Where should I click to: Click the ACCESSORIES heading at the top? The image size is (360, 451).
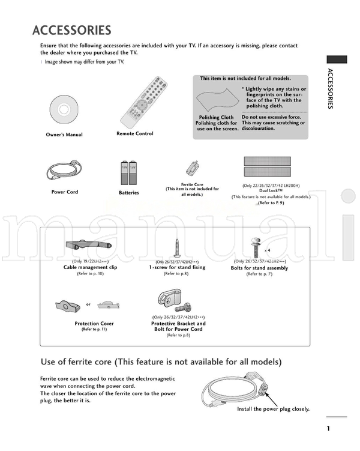tap(71, 30)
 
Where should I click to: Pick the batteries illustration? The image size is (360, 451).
tap(128, 173)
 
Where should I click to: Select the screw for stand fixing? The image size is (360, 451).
tap(178, 247)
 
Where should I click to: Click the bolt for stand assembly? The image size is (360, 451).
tap(254, 247)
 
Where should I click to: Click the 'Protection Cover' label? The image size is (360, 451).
tap(94, 324)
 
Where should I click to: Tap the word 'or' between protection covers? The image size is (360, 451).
tap(88, 304)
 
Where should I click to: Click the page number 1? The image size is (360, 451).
tap(329, 428)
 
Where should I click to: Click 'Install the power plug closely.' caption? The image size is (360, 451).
tap(273, 409)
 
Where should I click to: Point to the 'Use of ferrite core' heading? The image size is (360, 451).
tap(161, 362)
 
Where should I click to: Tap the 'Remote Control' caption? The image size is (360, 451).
tap(134, 134)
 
